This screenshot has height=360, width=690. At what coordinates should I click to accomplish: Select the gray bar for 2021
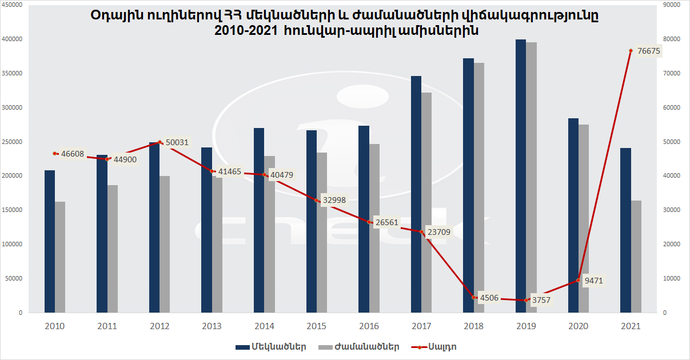tap(636, 257)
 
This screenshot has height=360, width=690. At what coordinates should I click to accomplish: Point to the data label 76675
tap(649, 51)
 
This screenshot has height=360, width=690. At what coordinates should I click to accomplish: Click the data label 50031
tap(177, 142)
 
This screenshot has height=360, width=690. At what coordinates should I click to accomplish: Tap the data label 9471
tap(593, 281)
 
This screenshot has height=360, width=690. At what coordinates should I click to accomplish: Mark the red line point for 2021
tap(631, 50)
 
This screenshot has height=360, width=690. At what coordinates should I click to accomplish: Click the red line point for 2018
tap(474, 297)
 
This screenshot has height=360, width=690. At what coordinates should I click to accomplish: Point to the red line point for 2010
tap(55, 153)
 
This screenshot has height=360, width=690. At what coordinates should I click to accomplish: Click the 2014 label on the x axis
tap(264, 326)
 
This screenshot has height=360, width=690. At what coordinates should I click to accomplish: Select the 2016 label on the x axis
tap(369, 326)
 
